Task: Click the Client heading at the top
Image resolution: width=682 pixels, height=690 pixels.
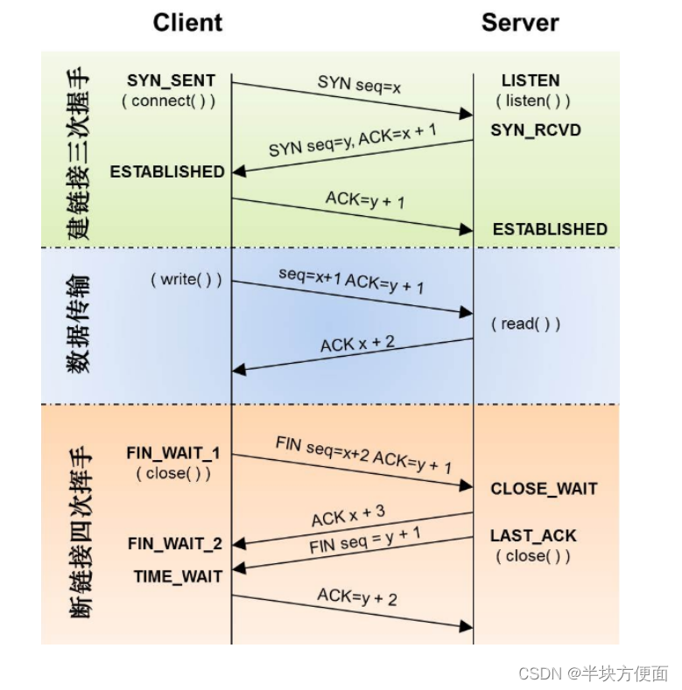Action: click(x=187, y=22)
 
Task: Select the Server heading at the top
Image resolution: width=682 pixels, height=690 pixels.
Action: click(x=520, y=22)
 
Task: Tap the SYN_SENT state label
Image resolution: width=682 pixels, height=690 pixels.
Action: click(x=171, y=80)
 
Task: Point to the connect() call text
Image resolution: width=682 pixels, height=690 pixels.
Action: click(x=168, y=101)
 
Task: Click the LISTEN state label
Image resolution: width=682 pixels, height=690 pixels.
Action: click(x=531, y=80)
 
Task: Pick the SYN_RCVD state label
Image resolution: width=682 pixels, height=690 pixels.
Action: click(x=536, y=130)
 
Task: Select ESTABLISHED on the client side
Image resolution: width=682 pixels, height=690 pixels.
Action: click(x=167, y=171)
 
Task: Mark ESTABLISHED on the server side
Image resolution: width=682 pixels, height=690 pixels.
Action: click(x=550, y=229)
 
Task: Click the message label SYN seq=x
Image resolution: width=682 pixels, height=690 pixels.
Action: click(x=360, y=84)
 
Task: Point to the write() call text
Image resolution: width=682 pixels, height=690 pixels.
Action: click(x=186, y=280)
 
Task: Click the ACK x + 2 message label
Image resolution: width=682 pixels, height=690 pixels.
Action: click(x=357, y=343)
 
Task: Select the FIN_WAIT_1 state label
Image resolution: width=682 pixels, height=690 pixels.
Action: click(x=173, y=453)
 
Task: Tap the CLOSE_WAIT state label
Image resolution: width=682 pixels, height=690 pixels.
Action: click(x=544, y=489)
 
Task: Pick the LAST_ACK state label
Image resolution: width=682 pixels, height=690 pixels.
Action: click(x=533, y=536)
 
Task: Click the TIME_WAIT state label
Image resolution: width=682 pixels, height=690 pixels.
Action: click(x=178, y=576)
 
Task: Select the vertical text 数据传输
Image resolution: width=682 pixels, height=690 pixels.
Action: click(x=79, y=326)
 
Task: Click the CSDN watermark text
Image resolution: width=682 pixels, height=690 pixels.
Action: click(x=593, y=673)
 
